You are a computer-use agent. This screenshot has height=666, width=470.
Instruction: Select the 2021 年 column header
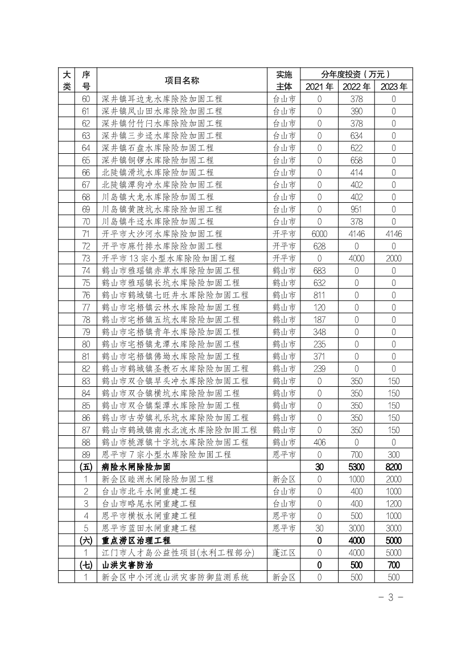tap(319, 87)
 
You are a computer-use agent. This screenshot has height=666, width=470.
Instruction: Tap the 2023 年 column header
tap(393, 87)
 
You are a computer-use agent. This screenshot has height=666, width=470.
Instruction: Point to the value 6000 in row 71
tap(319, 234)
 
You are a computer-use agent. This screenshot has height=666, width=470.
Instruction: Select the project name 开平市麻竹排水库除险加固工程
tap(162, 246)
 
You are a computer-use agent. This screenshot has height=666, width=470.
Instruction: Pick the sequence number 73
tap(86, 259)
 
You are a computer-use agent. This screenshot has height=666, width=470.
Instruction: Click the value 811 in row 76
tap(319, 295)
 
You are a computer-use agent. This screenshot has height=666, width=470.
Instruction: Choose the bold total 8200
tap(393, 467)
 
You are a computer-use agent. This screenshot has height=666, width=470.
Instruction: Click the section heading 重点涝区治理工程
tap(137, 541)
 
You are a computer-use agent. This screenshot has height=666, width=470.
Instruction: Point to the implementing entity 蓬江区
tap(284, 553)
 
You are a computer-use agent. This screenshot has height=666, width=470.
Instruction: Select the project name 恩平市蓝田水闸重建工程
tap(149, 528)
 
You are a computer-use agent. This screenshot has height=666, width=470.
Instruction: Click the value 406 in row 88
tap(319, 442)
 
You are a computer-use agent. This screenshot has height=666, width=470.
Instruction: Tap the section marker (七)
tap(86, 565)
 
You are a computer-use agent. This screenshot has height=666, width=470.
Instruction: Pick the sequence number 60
tap(86, 99)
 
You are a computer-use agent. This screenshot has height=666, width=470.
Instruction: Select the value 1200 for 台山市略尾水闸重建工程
tap(393, 504)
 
